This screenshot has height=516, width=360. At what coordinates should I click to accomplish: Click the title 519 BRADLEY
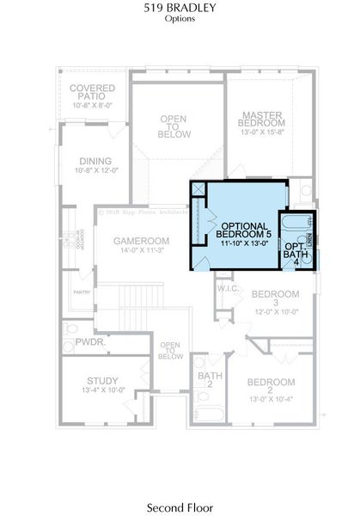(180, 8)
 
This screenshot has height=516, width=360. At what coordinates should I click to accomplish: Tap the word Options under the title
(180, 18)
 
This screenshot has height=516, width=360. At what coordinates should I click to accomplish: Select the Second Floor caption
(180, 485)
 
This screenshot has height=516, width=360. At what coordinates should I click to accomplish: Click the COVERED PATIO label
(93, 92)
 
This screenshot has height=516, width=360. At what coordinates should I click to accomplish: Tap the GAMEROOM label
(141, 241)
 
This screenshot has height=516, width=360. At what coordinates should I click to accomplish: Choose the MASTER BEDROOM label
(263, 119)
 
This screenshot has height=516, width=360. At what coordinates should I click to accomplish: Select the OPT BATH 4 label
(296, 248)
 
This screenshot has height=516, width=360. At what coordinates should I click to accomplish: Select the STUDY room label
(101, 380)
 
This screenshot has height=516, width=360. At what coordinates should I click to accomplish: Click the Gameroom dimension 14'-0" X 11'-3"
(141, 251)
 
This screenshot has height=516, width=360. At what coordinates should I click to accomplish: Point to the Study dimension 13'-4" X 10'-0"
(101, 390)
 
